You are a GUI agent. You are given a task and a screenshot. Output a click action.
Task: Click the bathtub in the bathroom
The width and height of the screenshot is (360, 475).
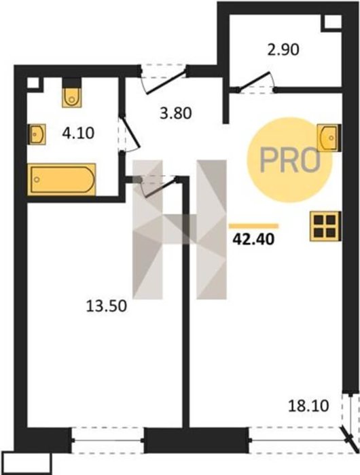pyautogui.click(x=62, y=179)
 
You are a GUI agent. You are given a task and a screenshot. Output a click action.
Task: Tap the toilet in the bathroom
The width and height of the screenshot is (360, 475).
pyautogui.click(x=72, y=93)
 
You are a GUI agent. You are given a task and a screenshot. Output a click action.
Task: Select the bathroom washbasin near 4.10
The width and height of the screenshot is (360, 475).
pyautogui.click(x=37, y=134)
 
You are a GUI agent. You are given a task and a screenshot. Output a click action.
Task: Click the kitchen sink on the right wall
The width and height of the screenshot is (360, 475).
pyautogui.click(x=329, y=138)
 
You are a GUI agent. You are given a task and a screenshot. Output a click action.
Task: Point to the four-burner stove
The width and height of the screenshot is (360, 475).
pyautogui.click(x=325, y=226)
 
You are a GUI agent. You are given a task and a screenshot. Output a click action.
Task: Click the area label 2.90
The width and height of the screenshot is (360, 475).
pyautogui.click(x=283, y=50)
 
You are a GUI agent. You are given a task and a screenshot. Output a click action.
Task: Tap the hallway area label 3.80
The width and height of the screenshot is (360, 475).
pyautogui.click(x=176, y=113)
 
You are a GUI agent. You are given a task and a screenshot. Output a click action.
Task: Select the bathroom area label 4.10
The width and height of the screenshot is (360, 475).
pyautogui.click(x=78, y=133)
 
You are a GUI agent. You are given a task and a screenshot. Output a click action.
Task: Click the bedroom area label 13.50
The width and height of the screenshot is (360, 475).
pyautogui.click(x=107, y=306)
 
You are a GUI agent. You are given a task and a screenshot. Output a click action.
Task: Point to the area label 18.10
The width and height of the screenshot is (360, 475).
pyautogui.click(x=308, y=406)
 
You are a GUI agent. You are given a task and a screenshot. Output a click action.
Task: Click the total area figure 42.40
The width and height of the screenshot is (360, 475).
pyautogui.click(x=253, y=240)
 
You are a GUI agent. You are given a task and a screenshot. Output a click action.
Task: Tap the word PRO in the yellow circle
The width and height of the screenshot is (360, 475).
pyautogui.click(x=290, y=160)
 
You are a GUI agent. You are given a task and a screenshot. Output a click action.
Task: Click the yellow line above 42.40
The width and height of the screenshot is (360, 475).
pyautogui.click(x=254, y=226)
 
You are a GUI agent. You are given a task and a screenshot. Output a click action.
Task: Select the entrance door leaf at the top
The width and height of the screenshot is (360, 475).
pyautogui.click(x=166, y=82)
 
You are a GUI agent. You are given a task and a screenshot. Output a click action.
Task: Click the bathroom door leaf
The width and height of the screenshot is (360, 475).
pyautogui.click(x=130, y=132)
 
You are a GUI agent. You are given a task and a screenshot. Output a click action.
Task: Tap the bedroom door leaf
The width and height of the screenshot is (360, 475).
pyautogui.click(x=161, y=188)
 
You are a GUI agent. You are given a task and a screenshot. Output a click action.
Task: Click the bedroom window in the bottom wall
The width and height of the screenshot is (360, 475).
pyautogui.click(x=108, y=440)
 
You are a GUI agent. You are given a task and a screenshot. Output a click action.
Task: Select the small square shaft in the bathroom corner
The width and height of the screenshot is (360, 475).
pyautogui.click(x=34, y=83)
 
